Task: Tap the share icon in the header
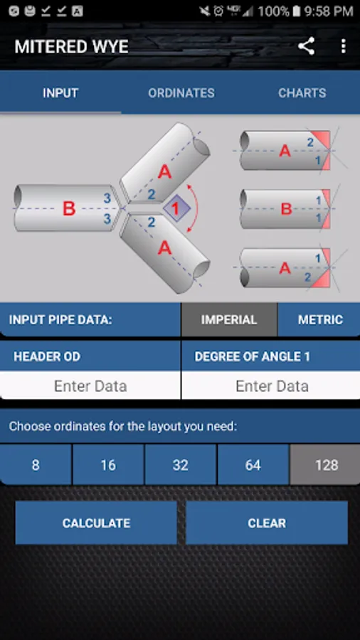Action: [306, 46]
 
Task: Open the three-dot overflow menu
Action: [343, 46]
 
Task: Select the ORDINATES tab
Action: [181, 93]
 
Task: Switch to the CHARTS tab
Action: [302, 93]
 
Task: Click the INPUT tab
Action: [60, 93]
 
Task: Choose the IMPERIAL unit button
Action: [229, 319]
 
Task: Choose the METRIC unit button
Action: [320, 319]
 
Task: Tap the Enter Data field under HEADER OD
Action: [90, 385]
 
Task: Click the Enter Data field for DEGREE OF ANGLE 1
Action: [272, 385]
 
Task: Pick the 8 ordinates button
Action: [36, 465]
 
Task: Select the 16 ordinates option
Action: [107, 465]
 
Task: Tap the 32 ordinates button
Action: [181, 465]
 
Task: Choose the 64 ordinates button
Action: [253, 465]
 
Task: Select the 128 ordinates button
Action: [327, 465]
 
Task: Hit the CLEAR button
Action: [267, 523]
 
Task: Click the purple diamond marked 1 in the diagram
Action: [176, 208]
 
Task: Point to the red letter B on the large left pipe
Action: [69, 208]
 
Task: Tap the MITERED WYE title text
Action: [71, 46]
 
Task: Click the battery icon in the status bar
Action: [297, 11]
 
